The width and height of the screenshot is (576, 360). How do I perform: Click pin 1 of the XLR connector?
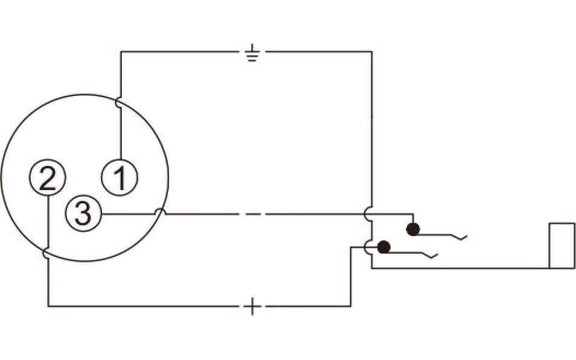point(119,177)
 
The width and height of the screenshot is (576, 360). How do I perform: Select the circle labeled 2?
point(48,177)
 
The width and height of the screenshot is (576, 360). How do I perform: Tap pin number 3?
point(83,213)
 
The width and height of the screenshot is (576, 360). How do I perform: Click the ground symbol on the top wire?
point(252,52)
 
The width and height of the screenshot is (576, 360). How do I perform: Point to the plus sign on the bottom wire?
point(252,306)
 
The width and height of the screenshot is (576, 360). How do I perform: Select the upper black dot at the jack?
point(413,229)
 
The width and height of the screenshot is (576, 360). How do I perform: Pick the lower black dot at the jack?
point(384,247)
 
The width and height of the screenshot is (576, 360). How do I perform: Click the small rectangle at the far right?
point(562,245)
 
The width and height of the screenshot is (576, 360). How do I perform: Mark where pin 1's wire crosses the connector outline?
point(119,103)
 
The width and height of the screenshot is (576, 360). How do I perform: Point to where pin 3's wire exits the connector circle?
point(160,213)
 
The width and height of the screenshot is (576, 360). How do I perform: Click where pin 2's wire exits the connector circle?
point(46,253)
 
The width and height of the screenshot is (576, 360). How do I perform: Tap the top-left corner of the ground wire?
point(121,52)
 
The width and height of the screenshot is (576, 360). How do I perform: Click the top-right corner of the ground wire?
point(372,52)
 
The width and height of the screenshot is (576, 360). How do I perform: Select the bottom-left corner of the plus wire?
point(48,306)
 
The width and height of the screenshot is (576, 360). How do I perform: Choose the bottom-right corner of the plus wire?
point(351,306)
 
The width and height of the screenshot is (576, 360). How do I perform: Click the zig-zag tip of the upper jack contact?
point(467,236)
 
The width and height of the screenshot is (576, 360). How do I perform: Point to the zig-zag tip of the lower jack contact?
point(437,254)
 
